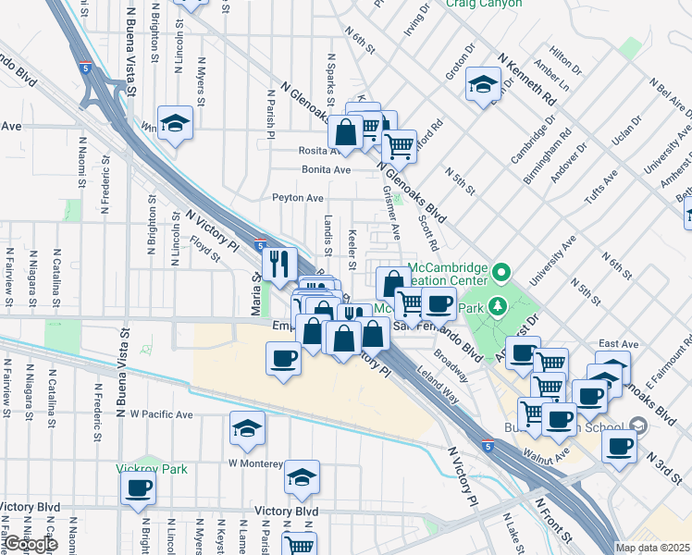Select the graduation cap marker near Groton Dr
coord(482,86)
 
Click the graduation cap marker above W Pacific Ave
coord(247,428)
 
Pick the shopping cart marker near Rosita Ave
coord(399,145)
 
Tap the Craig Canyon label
coord(482,5)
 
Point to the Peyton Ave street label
coord(297,198)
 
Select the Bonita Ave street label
coord(327,170)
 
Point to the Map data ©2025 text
coord(652,548)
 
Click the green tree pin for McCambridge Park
coord(498,305)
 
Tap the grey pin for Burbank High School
coord(638,425)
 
